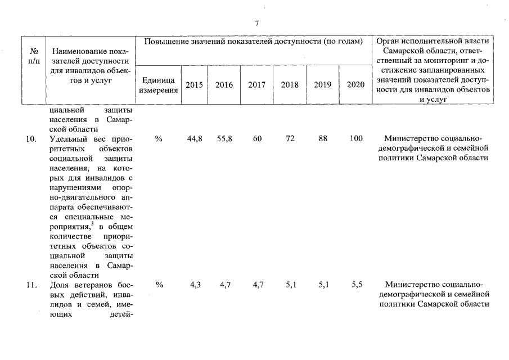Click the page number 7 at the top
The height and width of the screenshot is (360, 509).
pos(256,24)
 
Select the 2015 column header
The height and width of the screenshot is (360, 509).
pos(195,85)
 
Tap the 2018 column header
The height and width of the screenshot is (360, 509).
pos(290,85)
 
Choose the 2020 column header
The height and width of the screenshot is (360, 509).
pos(355,85)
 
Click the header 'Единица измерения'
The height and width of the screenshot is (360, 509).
pos(159,85)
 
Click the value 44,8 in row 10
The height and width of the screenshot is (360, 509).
pos(195,139)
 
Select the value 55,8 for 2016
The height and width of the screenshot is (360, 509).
pos(225,139)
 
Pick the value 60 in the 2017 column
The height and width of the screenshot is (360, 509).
pos(257,139)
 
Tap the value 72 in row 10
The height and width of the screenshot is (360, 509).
pos(290,139)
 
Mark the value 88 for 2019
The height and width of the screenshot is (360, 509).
pos(323,139)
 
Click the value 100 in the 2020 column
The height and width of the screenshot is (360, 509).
pos(355,139)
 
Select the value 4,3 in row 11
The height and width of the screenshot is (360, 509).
pos(195,285)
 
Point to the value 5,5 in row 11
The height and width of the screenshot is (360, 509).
pos(357,285)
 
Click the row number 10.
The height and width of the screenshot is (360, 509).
pos(31,139)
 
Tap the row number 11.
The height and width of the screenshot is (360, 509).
pos(31,285)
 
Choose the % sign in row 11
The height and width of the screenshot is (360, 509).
pos(159,285)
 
